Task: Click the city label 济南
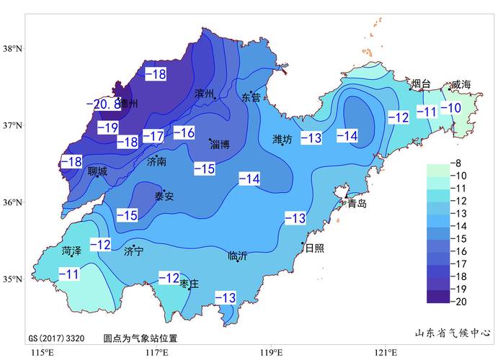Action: pyautogui.click(x=156, y=162)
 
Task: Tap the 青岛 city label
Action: pyautogui.click(x=357, y=204)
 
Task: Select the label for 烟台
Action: pyautogui.click(x=420, y=84)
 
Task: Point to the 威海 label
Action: pyautogui.click(x=461, y=85)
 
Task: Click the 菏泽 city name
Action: pyautogui.click(x=72, y=251)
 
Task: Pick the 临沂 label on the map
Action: pyautogui.click(x=237, y=256)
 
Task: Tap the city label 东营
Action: pyautogui.click(x=252, y=97)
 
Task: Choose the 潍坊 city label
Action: pyautogui.click(x=283, y=140)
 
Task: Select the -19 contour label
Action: pyautogui.click(x=107, y=128)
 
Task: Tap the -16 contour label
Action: pyautogui.click(x=184, y=132)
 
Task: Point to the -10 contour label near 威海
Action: pyautogui.click(x=450, y=109)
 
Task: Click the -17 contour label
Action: pyautogui.click(x=153, y=135)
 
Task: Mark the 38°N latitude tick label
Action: pyautogui.click(x=13, y=49)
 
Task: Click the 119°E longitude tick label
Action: pyautogui.click(x=271, y=352)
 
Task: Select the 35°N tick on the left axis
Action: pyautogui.click(x=13, y=279)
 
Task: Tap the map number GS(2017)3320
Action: pyautogui.click(x=57, y=338)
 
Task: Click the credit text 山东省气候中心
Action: pyautogui.click(x=453, y=333)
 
